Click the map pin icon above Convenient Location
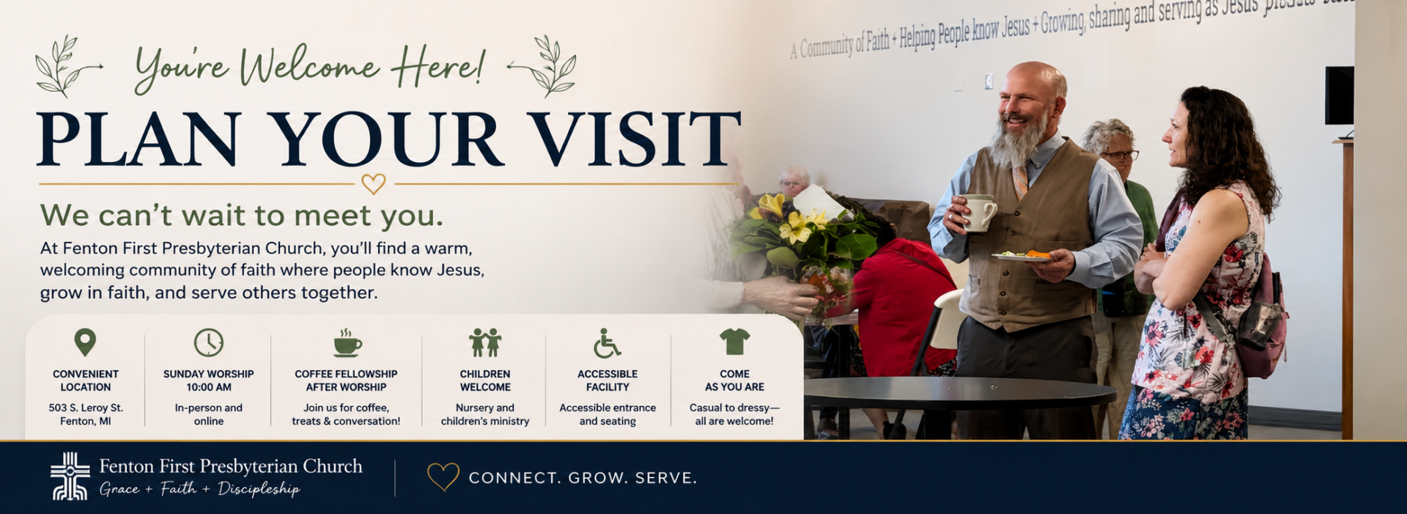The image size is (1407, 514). (x=85, y=342)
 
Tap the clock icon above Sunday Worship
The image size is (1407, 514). (x=209, y=342)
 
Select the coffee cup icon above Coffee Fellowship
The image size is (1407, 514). (x=347, y=342)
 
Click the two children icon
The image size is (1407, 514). (x=485, y=342)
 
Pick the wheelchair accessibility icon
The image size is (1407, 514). (x=607, y=342)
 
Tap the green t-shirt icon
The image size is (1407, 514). (x=734, y=342)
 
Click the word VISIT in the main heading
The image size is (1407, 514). (x=635, y=139)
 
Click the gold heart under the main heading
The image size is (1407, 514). (x=374, y=183)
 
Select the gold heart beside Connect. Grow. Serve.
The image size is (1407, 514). (x=443, y=477)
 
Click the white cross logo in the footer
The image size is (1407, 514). (x=70, y=476)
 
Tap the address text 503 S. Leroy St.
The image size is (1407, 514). (x=86, y=408)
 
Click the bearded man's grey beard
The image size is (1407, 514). (x=1019, y=140)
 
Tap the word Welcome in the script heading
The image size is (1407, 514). (x=311, y=68)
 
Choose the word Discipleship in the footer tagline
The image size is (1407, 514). (x=259, y=489)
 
